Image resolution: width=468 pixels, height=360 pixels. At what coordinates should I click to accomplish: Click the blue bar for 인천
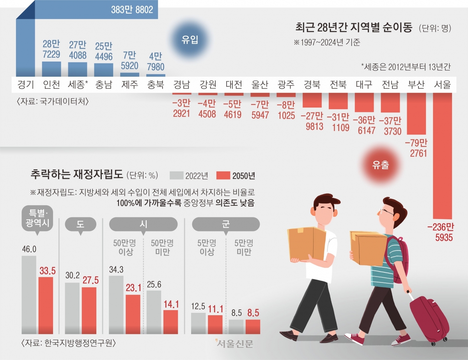coord(51,69)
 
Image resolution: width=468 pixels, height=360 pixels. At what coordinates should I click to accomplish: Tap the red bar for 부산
coord(417,113)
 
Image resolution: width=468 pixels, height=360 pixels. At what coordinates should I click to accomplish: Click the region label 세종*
coord(77,84)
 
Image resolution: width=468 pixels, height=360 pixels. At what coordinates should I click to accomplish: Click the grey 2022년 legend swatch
coord(177,175)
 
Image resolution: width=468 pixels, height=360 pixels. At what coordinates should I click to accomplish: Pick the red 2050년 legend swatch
coord(223,175)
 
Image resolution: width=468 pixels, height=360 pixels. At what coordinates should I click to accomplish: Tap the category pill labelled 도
coord(81,224)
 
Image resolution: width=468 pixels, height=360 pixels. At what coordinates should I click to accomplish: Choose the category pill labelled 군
coord(226,224)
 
